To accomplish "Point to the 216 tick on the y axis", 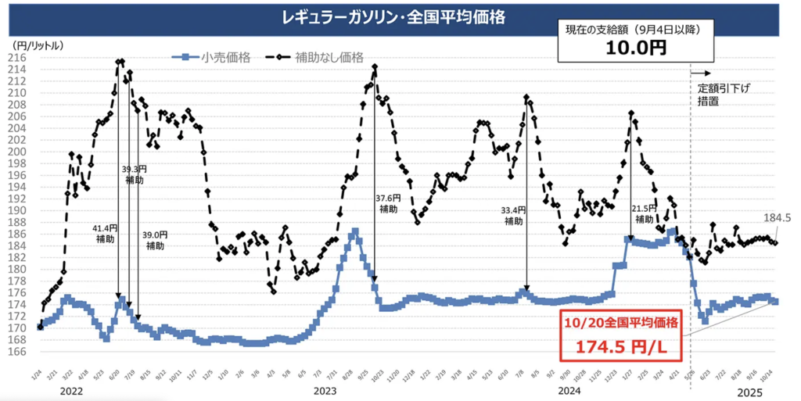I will click(x=18, y=57).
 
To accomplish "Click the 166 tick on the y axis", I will click(x=18, y=351).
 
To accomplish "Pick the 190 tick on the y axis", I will click(x=18, y=210).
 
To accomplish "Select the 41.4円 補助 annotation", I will click(x=104, y=234).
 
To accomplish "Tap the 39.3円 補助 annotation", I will click(x=134, y=174).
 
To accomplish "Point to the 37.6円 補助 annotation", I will click(x=389, y=204).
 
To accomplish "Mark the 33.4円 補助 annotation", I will click(x=514, y=216).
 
